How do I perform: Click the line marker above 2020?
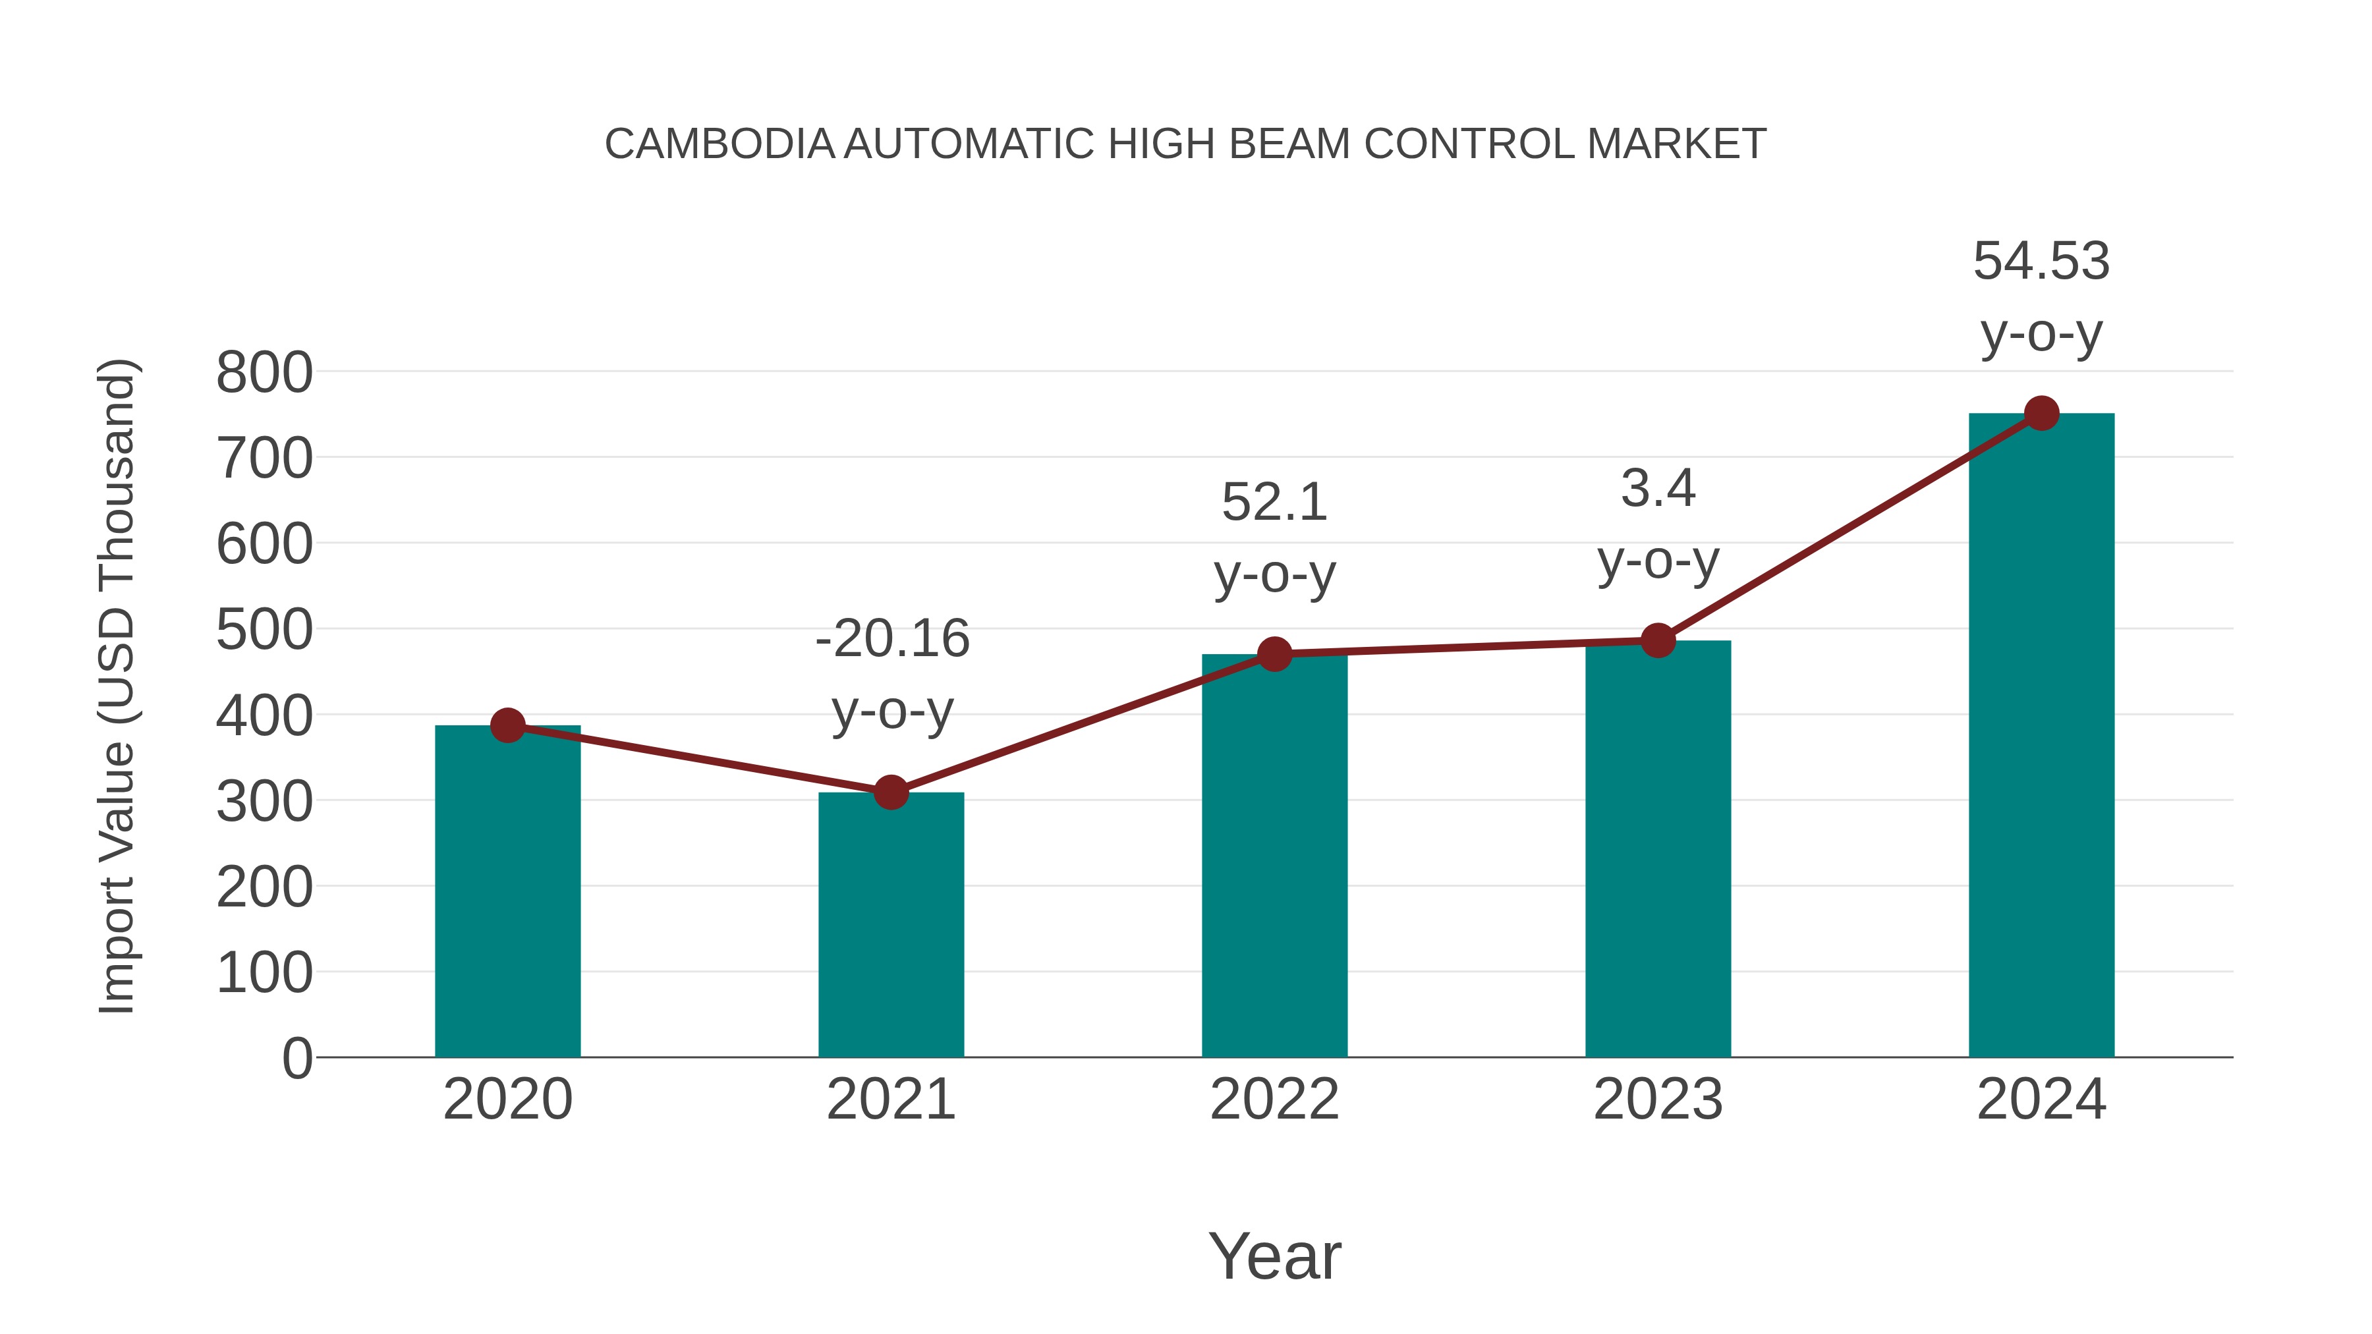click(507, 725)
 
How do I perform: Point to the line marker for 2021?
click(890, 792)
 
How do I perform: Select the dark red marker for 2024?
click(2041, 413)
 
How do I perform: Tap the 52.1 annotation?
click(1274, 503)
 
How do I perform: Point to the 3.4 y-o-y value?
click(1658, 488)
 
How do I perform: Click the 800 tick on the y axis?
click(264, 373)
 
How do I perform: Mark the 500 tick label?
click(264, 630)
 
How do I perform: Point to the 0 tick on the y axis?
click(296, 1058)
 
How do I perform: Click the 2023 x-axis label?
click(1658, 1099)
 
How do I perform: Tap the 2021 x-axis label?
click(890, 1099)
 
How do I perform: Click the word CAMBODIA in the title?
click(719, 144)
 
